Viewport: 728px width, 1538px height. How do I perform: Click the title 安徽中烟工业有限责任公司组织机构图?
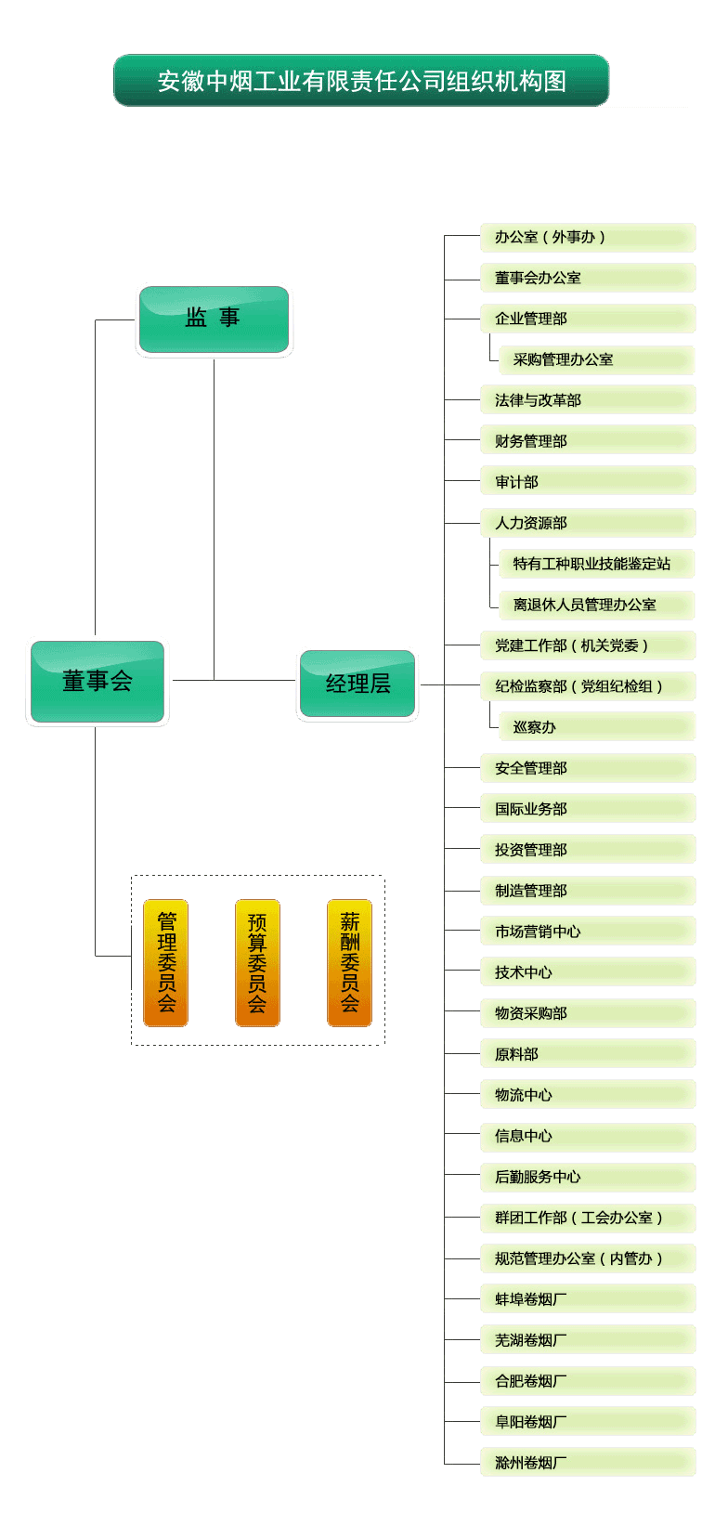(x=361, y=81)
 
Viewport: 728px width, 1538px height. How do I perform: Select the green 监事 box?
(x=214, y=319)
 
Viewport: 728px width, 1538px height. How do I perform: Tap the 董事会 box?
(x=97, y=682)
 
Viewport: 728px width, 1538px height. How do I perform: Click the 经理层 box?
(x=357, y=684)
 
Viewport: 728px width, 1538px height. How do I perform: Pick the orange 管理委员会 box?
(x=166, y=962)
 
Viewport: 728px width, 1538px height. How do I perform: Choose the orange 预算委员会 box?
(x=257, y=962)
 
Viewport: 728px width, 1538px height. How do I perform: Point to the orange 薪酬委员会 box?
(x=349, y=962)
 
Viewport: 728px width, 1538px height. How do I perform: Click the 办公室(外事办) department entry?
(x=587, y=238)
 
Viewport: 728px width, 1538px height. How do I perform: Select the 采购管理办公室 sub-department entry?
(x=596, y=360)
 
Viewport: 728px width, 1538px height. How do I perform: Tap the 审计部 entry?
(x=587, y=482)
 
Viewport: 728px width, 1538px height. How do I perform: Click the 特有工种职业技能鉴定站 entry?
(x=596, y=564)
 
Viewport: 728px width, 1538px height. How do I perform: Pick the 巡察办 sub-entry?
(x=596, y=727)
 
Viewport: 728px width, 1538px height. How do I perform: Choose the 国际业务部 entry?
(x=587, y=809)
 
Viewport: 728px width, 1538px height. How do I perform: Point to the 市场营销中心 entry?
(x=587, y=932)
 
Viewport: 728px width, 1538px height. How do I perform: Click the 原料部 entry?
(x=587, y=1054)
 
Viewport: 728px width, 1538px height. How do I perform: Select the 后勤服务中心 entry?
(x=587, y=1177)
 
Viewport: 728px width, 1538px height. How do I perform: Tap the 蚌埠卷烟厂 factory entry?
(x=587, y=1299)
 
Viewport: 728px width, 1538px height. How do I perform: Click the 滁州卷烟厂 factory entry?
(x=587, y=1463)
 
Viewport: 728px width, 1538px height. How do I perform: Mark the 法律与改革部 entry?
(x=587, y=400)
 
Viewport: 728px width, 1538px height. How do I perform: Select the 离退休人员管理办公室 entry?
(x=596, y=605)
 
